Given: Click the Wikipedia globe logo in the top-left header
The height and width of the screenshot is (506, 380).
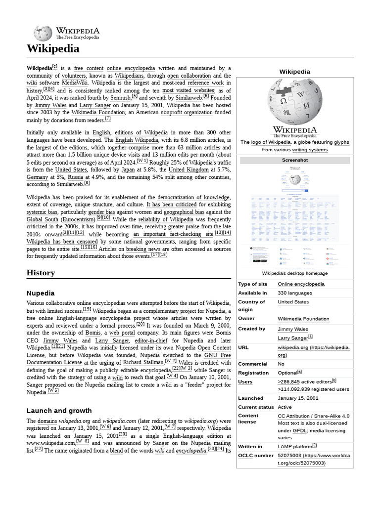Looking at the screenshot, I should point(43,33).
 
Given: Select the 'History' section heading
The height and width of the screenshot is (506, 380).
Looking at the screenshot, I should point(41,273).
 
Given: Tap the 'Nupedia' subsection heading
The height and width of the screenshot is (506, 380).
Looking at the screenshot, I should point(41,293).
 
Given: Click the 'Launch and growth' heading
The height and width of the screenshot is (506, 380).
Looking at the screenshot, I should point(59,411).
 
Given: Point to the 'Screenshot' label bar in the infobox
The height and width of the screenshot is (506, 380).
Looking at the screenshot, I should point(294,160).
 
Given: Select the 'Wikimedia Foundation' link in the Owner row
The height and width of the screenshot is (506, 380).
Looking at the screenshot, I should point(303,319).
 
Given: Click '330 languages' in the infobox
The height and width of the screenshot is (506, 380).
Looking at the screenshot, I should point(295,293).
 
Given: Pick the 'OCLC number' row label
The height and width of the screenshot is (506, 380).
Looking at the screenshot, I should point(256,455).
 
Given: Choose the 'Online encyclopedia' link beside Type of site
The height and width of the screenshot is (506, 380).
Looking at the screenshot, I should point(301,284).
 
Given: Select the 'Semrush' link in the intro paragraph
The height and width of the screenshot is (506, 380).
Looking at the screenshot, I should point(117,98).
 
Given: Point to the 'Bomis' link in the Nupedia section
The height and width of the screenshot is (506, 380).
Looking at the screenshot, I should point(93,333).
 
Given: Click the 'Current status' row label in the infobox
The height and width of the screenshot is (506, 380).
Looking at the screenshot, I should point(256,407).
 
